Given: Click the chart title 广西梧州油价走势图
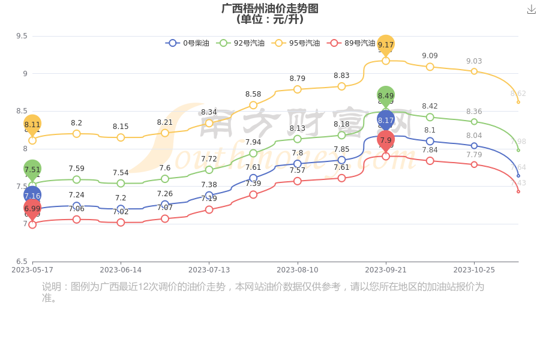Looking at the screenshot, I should coord(269,8).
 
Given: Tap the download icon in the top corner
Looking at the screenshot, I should coord(531,10).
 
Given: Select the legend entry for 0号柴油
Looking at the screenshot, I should coord(188,43).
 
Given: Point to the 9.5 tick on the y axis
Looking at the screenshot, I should coord(22,36).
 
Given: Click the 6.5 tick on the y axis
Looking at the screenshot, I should coord(22,262).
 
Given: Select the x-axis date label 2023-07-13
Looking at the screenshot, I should coord(209,271).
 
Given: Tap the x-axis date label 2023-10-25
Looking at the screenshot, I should coord(474,271).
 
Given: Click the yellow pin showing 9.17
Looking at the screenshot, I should coord(386,45).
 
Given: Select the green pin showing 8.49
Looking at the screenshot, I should coord(386,96).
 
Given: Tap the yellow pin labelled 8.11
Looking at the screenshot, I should coord(32,125).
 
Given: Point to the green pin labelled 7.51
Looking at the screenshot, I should coord(32,170).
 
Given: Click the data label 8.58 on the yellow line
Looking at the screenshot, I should coord(253,94).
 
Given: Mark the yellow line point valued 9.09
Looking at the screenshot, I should coord(430,67).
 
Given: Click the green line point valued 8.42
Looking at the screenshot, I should coord(430,117).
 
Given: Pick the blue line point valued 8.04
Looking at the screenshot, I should coord(474,146).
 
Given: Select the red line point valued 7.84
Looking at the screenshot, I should coord(430,161).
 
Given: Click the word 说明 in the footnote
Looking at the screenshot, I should coord(51,287).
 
